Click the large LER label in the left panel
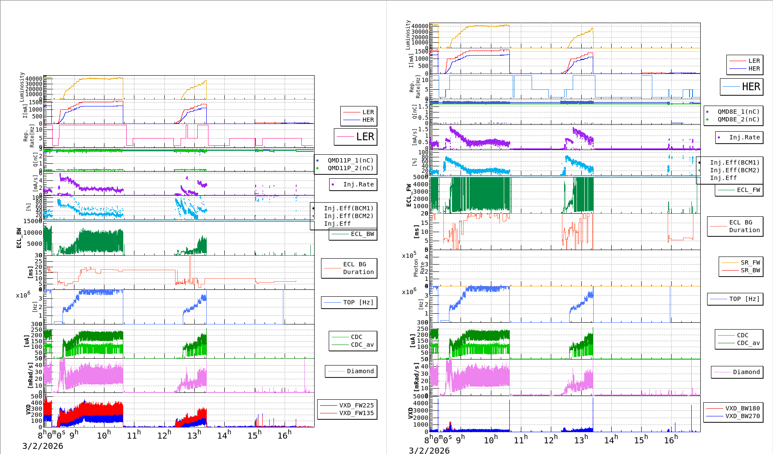[365, 137]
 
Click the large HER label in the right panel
[751, 87]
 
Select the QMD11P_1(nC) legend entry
[350, 160]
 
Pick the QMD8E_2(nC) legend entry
[738, 119]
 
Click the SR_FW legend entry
[750, 262]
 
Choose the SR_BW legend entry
[750, 270]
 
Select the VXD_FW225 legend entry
[356, 405]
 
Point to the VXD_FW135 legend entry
[356, 413]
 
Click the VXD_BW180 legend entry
[742, 408]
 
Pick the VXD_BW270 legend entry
[742, 416]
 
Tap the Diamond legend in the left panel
[360, 371]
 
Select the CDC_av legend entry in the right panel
[748, 343]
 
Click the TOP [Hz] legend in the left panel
[358, 302]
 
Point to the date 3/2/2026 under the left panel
[43, 446]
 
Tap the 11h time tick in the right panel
[520, 439]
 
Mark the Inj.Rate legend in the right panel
[744, 137]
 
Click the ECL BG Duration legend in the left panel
[358, 268]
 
